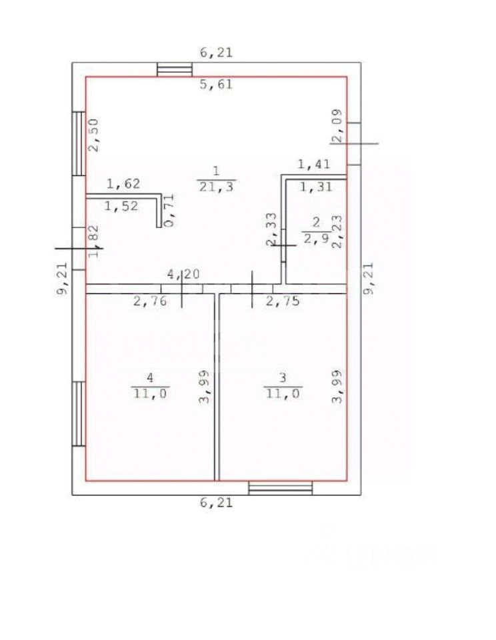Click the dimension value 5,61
pyautogui.click(x=216, y=85)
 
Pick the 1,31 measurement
pyautogui.click(x=315, y=188)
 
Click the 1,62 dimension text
pyautogui.click(x=123, y=183)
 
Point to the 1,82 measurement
pyautogui.click(x=94, y=241)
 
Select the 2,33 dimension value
pyautogui.click(x=271, y=230)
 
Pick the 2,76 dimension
pyautogui.click(x=149, y=301)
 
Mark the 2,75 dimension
pyautogui.click(x=283, y=301)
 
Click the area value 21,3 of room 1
pyautogui.click(x=215, y=187)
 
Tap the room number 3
pyautogui.click(x=283, y=378)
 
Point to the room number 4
pyautogui.click(x=150, y=378)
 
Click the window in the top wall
pyautogui.click(x=175, y=69)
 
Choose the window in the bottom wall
pyautogui.click(x=280, y=488)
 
